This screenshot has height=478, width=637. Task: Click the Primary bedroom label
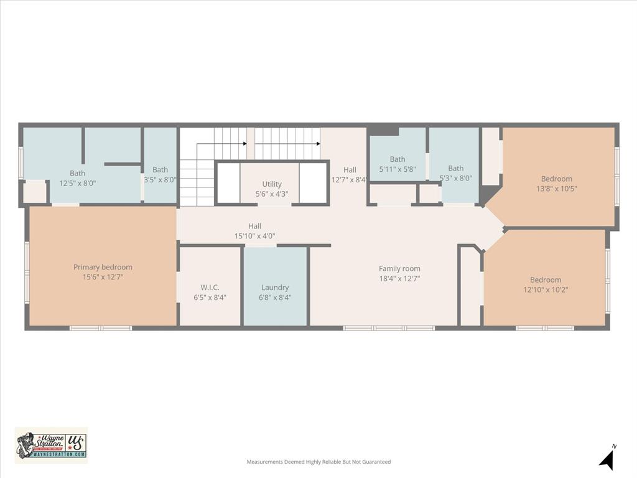pyautogui.click(x=103, y=267)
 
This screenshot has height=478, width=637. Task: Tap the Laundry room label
pyautogui.click(x=275, y=288)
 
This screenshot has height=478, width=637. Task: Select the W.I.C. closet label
pyautogui.click(x=210, y=288)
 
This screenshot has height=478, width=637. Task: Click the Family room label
pyautogui.click(x=399, y=269)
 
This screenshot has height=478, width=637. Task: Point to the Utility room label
pyautogui.click(x=272, y=184)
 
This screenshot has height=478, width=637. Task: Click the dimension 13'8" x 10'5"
pyautogui.click(x=557, y=189)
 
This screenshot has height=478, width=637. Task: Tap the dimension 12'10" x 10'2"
pyautogui.click(x=546, y=289)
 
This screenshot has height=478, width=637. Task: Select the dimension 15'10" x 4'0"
pyautogui.click(x=254, y=236)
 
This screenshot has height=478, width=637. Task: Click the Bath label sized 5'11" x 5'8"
pyautogui.click(x=398, y=159)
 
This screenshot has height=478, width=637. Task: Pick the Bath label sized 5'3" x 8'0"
pyautogui.click(x=456, y=168)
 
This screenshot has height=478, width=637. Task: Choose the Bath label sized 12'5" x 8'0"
pyautogui.click(x=78, y=173)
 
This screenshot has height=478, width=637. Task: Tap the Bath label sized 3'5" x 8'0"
pyautogui.click(x=160, y=169)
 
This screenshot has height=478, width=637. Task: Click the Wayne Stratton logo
pyautogui.click(x=51, y=445)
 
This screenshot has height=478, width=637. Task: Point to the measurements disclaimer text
pyautogui.click(x=318, y=462)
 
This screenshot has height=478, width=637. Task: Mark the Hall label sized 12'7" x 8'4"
pyautogui.click(x=350, y=170)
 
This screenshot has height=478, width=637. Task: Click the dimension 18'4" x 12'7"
pyautogui.click(x=399, y=279)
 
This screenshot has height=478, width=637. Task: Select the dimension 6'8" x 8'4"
pyautogui.click(x=275, y=298)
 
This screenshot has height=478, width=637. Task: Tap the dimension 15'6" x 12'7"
pyautogui.click(x=103, y=277)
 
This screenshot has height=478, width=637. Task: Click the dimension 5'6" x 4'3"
pyautogui.click(x=272, y=194)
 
